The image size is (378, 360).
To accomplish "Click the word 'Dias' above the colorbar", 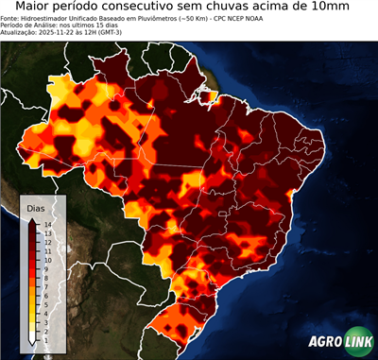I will [35, 206].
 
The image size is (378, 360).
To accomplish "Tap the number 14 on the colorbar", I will [47, 224].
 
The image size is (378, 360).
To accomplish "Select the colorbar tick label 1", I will [46, 328].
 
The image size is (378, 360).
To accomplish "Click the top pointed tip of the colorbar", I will [33, 218].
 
